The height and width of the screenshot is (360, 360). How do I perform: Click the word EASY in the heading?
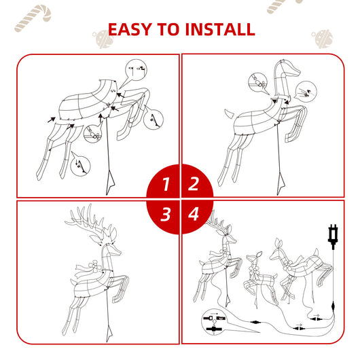[x=131, y=29]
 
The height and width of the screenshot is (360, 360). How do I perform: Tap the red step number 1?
[x=165, y=183]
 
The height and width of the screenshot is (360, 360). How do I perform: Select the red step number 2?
[x=194, y=183]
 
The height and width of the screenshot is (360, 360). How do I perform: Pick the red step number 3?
[x=165, y=215]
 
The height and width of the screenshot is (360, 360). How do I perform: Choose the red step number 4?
[x=194, y=215]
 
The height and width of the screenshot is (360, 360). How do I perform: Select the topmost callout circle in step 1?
[x=137, y=69]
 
